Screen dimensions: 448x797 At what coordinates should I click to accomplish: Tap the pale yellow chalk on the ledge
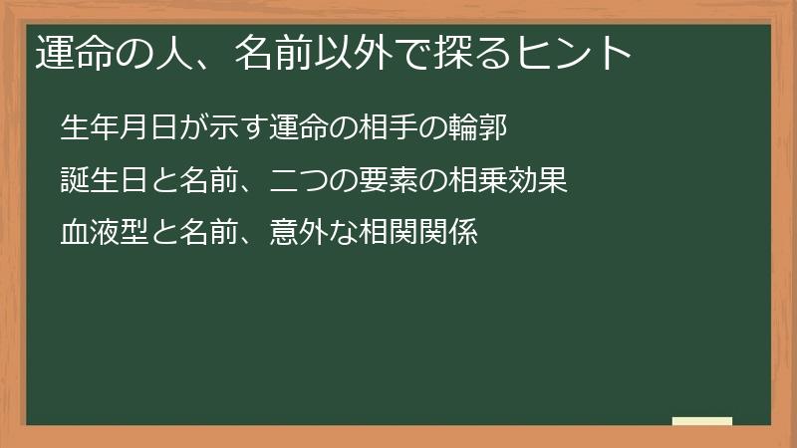(701, 421)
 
